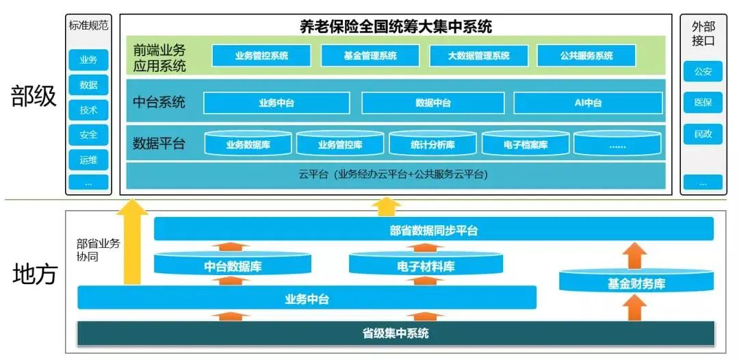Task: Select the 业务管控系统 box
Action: (x=261, y=56)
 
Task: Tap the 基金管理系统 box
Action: (x=369, y=56)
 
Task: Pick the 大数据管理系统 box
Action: (x=478, y=56)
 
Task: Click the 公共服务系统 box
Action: (x=586, y=56)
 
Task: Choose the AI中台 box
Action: (x=588, y=103)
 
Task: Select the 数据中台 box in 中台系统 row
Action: (x=433, y=103)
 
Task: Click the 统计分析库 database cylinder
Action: (x=432, y=144)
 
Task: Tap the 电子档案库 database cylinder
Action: (x=526, y=144)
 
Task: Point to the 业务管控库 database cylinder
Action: (x=340, y=144)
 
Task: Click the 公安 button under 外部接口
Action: (x=703, y=71)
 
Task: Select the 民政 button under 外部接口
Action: (x=703, y=134)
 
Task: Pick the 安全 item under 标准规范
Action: (x=88, y=135)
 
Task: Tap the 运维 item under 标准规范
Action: (x=88, y=159)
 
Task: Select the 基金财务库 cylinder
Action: (x=636, y=283)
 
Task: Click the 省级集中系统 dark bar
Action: (x=396, y=333)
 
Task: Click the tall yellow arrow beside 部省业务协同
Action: (x=132, y=243)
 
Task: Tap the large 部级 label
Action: (x=34, y=97)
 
